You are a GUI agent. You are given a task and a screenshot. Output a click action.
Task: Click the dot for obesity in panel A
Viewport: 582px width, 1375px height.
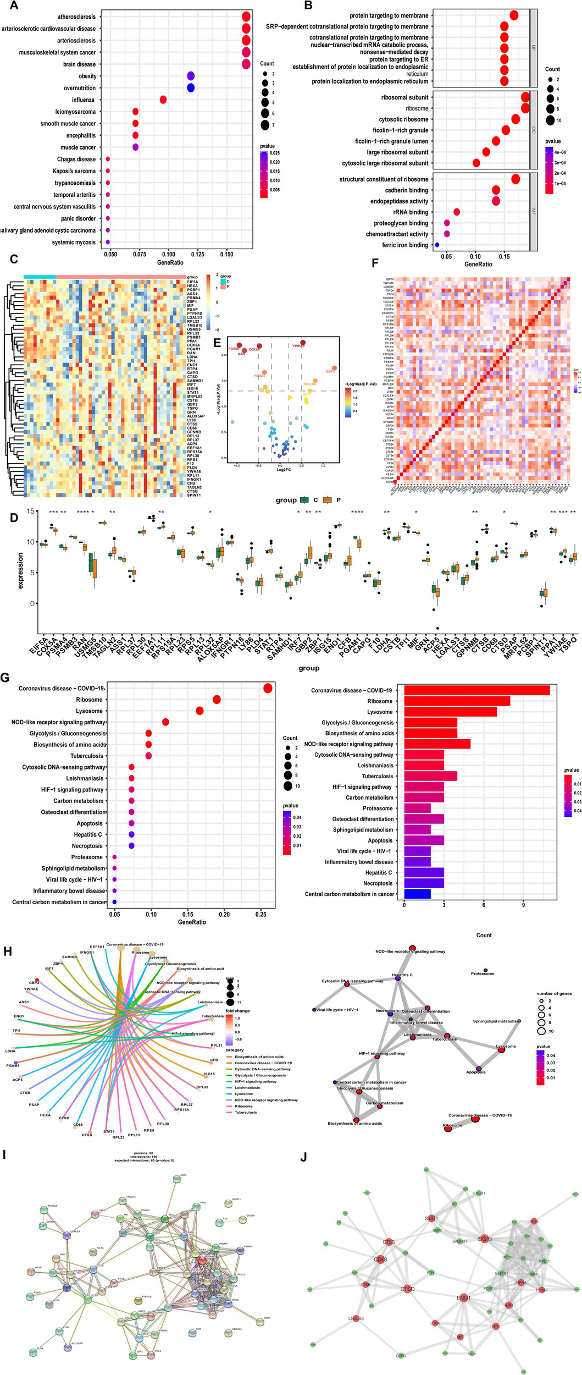(x=191, y=76)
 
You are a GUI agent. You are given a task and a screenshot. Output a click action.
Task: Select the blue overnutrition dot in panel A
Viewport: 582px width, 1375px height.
(x=191, y=88)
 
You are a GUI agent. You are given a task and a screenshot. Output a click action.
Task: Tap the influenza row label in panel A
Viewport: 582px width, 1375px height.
(x=83, y=100)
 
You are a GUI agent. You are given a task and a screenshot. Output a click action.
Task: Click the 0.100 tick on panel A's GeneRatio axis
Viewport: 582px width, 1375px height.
(x=168, y=255)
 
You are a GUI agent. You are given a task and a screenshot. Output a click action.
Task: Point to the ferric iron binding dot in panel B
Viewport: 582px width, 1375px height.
(x=437, y=245)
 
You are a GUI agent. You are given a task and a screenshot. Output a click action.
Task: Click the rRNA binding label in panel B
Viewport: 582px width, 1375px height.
(x=411, y=212)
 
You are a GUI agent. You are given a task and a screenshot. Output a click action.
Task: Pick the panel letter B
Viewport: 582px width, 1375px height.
(x=308, y=5)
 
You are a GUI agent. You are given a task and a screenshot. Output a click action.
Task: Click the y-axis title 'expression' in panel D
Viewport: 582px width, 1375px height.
(x=21, y=570)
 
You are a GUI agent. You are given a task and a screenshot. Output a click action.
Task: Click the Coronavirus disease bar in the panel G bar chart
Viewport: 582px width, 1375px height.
(x=476, y=690)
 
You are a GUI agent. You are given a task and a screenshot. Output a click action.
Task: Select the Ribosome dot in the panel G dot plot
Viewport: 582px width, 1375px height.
(x=217, y=700)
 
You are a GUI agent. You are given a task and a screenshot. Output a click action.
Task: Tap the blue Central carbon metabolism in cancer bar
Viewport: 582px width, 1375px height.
(x=417, y=894)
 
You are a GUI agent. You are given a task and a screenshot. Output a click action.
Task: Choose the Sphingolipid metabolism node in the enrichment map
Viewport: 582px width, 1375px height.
(x=519, y=1021)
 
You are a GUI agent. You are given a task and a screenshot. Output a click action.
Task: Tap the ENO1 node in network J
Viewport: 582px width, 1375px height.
(x=463, y=1298)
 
